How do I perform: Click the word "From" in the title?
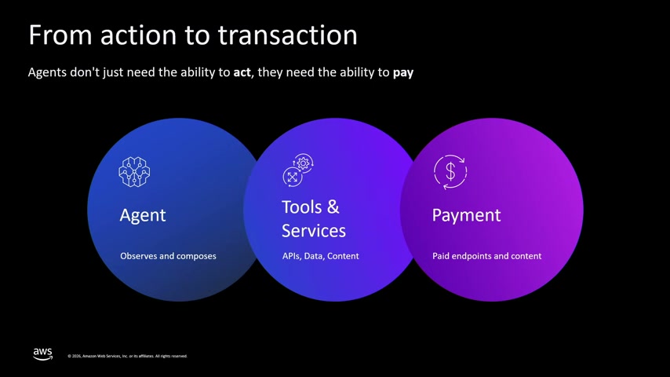pyautogui.click(x=60, y=35)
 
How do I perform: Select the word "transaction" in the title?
pyautogui.click(x=288, y=35)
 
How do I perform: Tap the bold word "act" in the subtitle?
pyautogui.click(x=242, y=72)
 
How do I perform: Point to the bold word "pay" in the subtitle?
pyautogui.click(x=403, y=73)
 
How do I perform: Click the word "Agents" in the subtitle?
pyautogui.click(x=47, y=72)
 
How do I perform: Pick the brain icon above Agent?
pyautogui.click(x=134, y=172)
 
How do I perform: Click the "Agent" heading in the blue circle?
pyautogui.click(x=143, y=215)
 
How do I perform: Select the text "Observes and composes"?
pyautogui.click(x=168, y=256)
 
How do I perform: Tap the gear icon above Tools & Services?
pyautogui.click(x=303, y=163)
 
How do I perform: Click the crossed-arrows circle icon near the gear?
pyautogui.click(x=293, y=178)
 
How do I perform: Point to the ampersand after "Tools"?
pyautogui.click(x=333, y=207)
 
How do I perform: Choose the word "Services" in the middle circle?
pyautogui.click(x=314, y=231)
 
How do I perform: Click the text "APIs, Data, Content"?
pyautogui.click(x=320, y=256)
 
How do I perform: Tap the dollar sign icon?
pyautogui.click(x=450, y=171)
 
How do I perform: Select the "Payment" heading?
pyautogui.click(x=466, y=215)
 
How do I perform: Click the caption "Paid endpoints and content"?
pyautogui.click(x=486, y=256)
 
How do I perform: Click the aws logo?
pyautogui.click(x=42, y=354)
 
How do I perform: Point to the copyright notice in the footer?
pyautogui.click(x=127, y=356)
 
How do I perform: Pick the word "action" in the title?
pyautogui.click(x=138, y=35)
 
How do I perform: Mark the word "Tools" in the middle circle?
pyautogui.click(x=302, y=207)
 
